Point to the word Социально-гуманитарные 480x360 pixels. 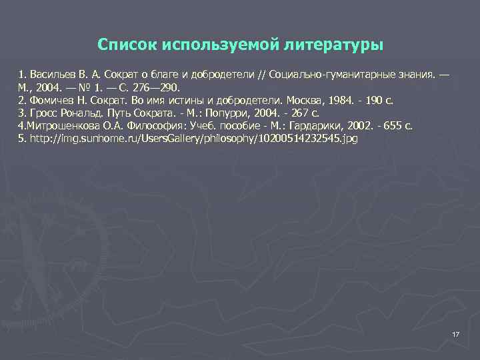point(325,75)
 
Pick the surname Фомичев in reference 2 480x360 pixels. point(51,100)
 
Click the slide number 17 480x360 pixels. point(456,334)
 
